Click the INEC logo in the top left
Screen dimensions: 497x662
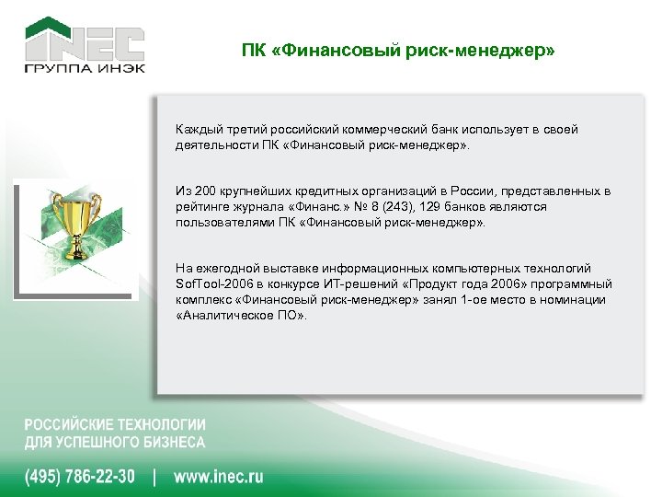[x=84, y=40]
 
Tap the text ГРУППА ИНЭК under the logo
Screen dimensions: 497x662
[x=84, y=71]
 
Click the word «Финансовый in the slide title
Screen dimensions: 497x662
[x=319, y=52]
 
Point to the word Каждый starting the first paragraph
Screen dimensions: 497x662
[x=198, y=130]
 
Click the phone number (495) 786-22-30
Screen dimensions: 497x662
[x=80, y=477]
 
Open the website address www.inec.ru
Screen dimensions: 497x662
[x=219, y=477]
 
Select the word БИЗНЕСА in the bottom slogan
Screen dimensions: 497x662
[x=172, y=443]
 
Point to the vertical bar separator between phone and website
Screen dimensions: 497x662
[x=154, y=477]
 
